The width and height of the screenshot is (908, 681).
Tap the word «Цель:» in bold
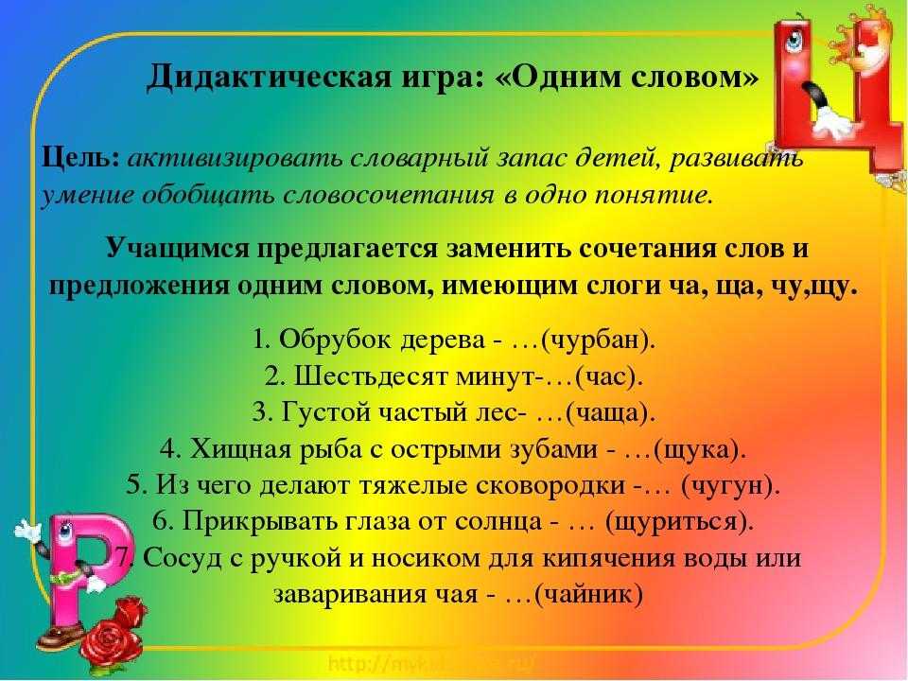pyautogui.click(x=79, y=157)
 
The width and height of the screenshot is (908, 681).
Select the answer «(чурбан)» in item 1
pyautogui.click(x=598, y=340)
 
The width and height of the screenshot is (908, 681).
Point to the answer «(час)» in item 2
pyautogui.click(x=609, y=377)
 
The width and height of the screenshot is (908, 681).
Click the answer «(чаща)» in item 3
pyautogui.click(x=610, y=413)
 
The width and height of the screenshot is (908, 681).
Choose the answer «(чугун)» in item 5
pyautogui.click(x=730, y=486)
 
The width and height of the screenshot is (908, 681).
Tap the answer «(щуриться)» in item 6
pyautogui.click(x=679, y=522)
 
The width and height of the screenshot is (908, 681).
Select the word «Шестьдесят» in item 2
pyautogui.click(x=371, y=377)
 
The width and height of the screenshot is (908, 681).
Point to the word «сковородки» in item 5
pyautogui.click(x=550, y=486)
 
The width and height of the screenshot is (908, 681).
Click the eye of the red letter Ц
pyautogui.click(x=794, y=41)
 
